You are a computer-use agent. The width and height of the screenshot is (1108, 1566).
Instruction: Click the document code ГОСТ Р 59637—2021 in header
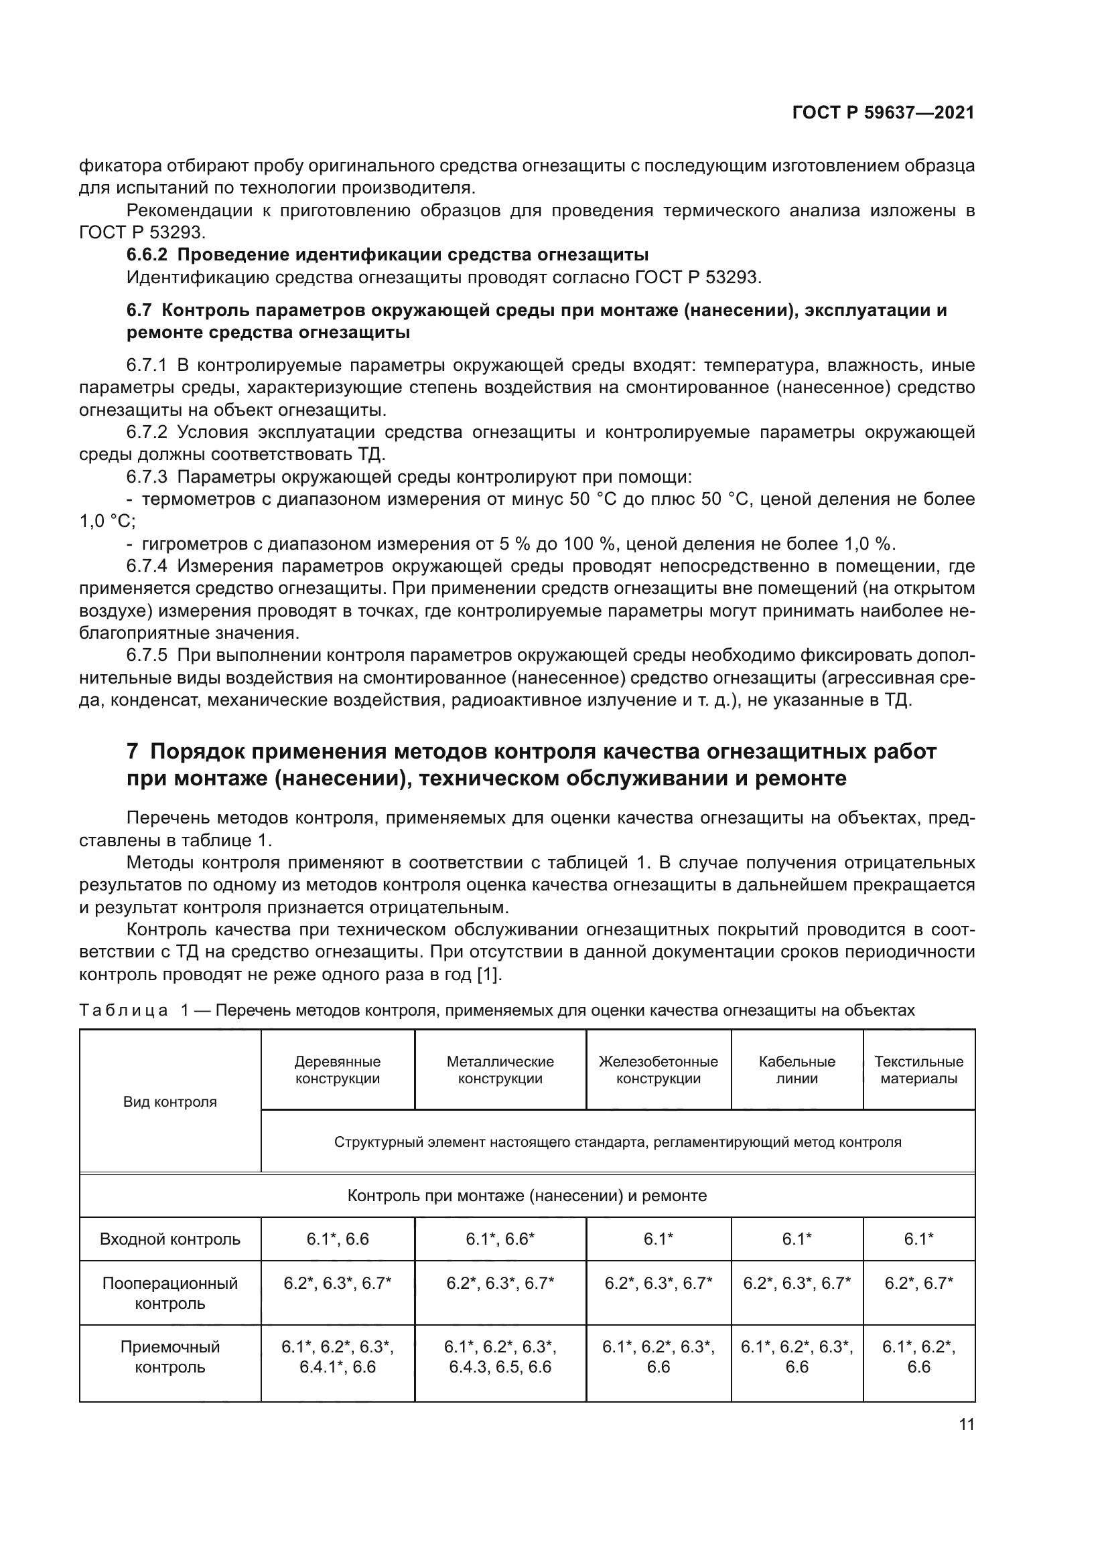(x=883, y=112)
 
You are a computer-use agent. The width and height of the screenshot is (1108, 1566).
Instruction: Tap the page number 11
(x=966, y=1424)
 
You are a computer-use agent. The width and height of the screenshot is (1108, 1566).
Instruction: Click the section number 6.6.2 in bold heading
(x=147, y=255)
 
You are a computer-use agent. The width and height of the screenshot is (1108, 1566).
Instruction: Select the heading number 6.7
(x=139, y=311)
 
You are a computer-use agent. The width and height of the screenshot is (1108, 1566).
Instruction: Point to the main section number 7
(x=133, y=752)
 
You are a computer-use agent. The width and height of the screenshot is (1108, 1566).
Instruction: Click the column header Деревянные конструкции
(x=337, y=1070)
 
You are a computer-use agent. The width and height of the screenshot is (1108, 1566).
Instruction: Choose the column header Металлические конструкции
(x=500, y=1070)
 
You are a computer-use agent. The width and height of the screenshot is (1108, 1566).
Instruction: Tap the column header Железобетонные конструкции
(x=658, y=1070)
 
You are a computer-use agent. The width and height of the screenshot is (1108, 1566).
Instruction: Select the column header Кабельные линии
(x=797, y=1070)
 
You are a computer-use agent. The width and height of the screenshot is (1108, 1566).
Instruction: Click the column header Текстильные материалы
(x=918, y=1070)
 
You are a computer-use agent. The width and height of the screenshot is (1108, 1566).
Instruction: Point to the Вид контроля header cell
(x=170, y=1101)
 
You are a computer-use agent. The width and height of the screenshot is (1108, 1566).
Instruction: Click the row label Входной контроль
(x=170, y=1239)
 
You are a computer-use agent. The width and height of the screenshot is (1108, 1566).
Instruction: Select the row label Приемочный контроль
(x=170, y=1356)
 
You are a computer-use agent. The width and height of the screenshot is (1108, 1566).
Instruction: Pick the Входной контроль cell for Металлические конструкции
(x=500, y=1239)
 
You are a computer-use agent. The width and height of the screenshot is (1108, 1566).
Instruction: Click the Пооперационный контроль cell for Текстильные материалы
(x=918, y=1283)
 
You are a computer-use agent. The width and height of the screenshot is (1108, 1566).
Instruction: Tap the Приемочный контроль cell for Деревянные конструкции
(x=337, y=1356)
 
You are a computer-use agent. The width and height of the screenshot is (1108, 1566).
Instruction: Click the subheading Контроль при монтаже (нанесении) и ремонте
(x=527, y=1196)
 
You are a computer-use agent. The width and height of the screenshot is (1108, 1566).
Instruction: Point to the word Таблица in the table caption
(x=123, y=1010)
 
